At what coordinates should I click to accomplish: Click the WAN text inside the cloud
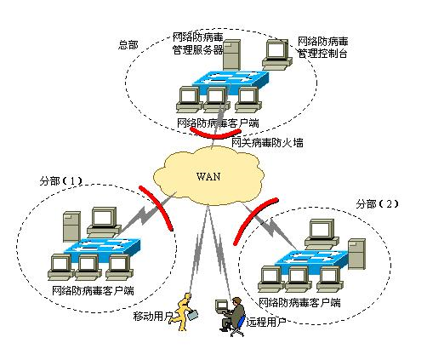[x=208, y=177]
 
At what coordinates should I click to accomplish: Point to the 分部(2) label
[x=376, y=204]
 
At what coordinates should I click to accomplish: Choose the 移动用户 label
[x=153, y=317]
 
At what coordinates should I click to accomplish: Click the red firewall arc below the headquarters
[x=215, y=132]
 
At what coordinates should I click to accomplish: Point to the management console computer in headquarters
[x=277, y=53]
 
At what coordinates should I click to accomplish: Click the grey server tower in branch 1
[x=71, y=226]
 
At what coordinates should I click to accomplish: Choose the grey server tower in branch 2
[x=356, y=254]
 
